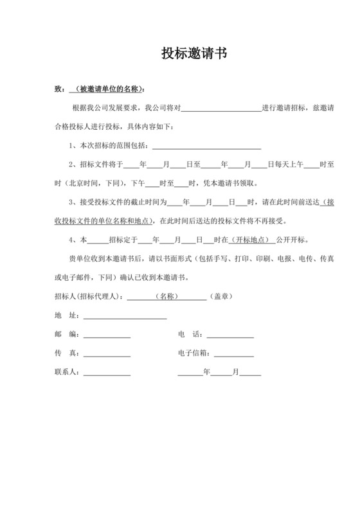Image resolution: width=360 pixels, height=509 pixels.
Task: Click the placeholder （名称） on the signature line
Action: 168,297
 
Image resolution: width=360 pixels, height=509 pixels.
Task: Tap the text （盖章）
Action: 221,297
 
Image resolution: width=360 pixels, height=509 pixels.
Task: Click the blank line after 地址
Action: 125,316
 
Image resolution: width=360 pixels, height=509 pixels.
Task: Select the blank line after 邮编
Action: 107,335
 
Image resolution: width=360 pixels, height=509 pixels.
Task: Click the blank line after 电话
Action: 230,335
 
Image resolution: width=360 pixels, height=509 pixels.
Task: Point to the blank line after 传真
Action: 107,353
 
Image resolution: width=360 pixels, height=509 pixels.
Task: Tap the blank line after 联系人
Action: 107,372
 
